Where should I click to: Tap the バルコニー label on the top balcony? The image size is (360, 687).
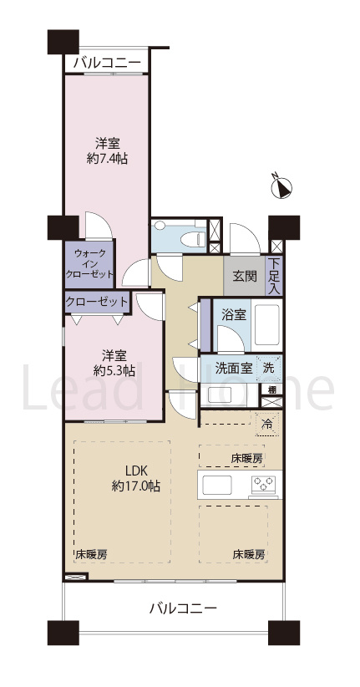click(107, 62)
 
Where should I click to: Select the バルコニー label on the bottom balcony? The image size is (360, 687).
click(183, 608)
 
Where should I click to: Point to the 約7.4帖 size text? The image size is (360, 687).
click(106, 158)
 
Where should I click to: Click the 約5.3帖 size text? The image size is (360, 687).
click(113, 370)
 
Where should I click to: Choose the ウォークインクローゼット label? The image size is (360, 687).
click(90, 263)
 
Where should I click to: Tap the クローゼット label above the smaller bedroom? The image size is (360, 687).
click(97, 302)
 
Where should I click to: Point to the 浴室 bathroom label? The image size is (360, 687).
click(232, 314)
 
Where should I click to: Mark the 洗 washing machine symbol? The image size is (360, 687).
click(268, 367)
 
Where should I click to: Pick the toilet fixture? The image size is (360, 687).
click(189, 238)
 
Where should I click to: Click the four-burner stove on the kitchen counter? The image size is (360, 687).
click(264, 484)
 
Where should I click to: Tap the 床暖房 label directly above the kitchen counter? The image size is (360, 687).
click(246, 458)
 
